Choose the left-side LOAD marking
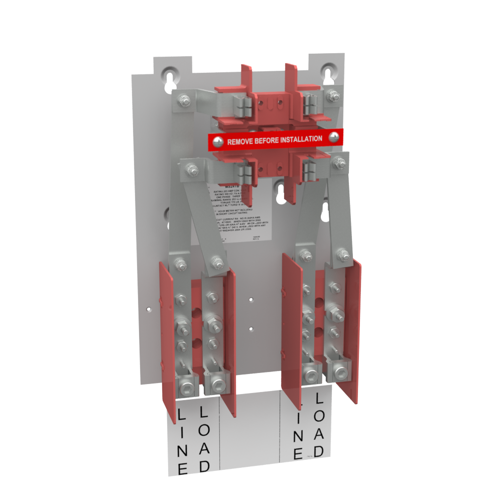[204, 438]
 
